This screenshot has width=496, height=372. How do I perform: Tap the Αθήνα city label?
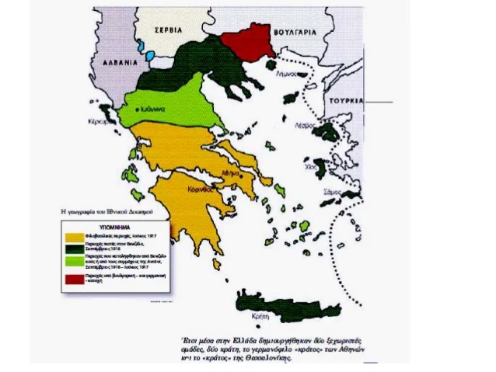pos(229,176)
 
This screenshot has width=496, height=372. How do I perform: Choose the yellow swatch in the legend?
pos(75,235)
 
